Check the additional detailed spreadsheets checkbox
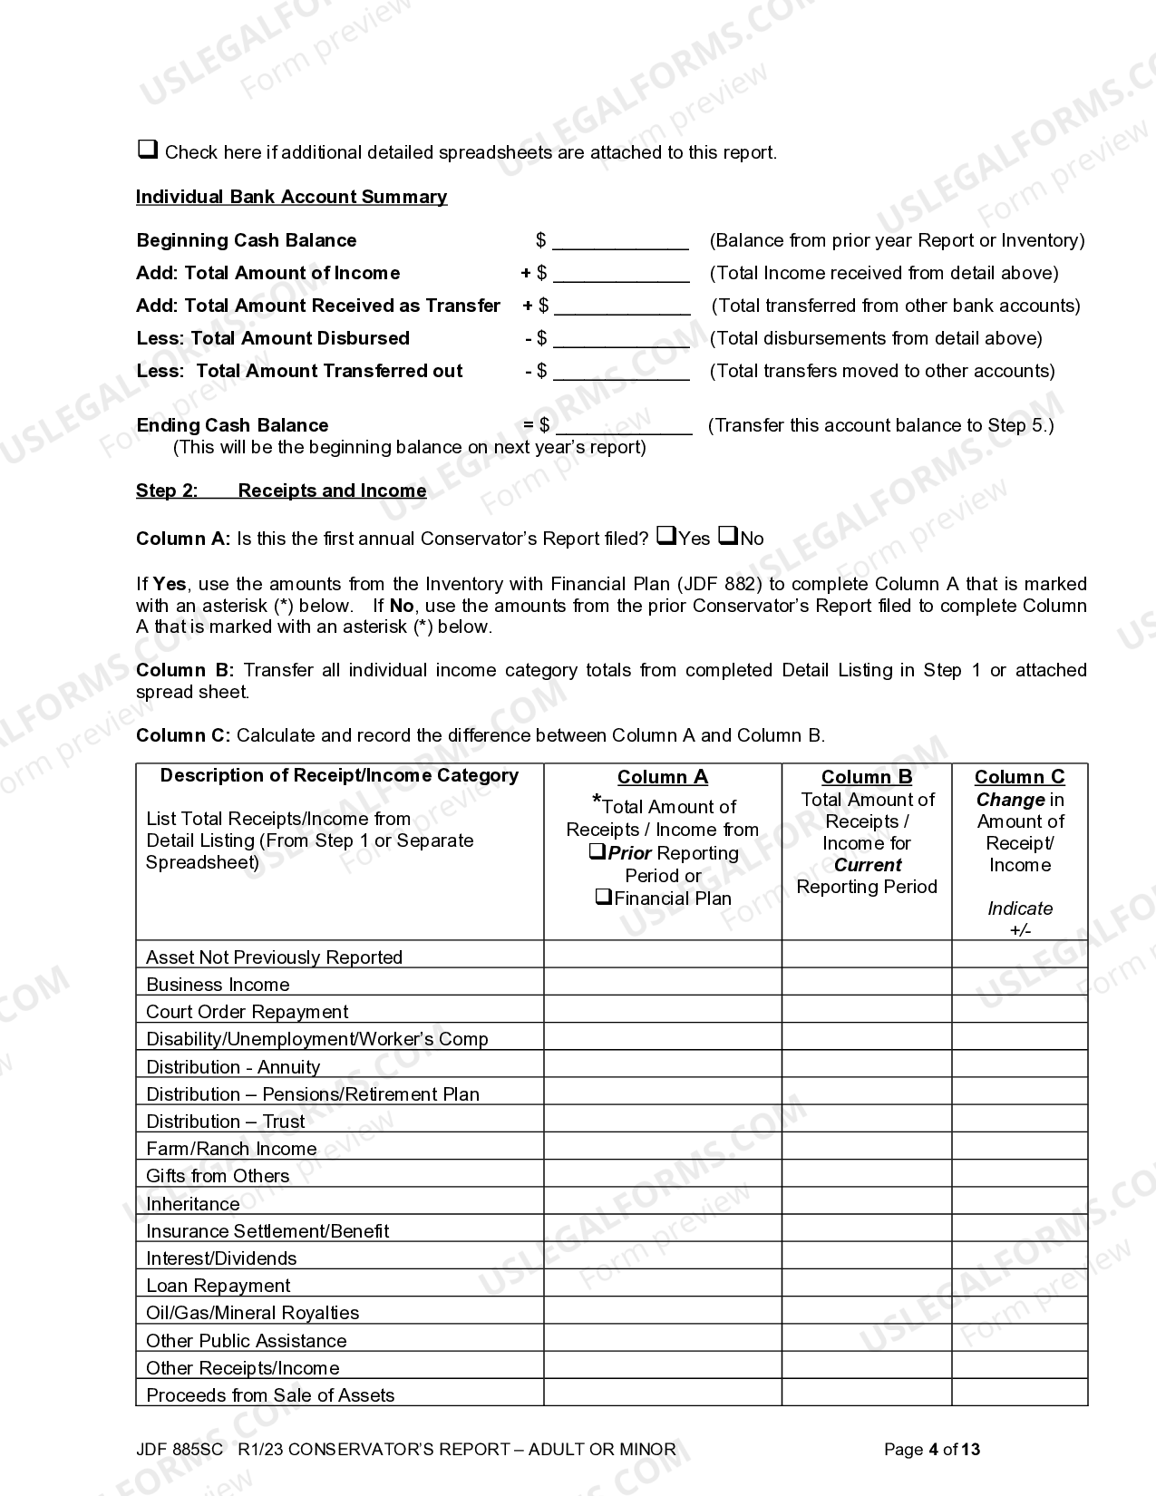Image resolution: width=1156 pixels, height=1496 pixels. (147, 150)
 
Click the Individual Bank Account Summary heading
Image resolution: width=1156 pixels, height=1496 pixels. (291, 197)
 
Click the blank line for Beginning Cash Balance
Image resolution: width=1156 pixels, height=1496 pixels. (620, 241)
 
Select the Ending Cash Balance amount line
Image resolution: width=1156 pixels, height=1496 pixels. (624, 426)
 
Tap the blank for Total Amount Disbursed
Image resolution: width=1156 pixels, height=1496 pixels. (621, 339)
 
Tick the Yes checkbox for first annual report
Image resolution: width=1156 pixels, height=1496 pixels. (665, 536)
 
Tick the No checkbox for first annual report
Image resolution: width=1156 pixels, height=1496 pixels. (728, 536)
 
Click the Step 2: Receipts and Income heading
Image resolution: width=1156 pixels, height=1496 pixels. (281, 491)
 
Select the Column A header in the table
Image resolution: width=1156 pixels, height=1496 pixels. (662, 777)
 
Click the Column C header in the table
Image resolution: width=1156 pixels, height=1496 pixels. (1019, 777)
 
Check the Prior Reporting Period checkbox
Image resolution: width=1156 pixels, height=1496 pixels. (597, 852)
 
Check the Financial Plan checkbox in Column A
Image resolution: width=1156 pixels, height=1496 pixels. (603, 898)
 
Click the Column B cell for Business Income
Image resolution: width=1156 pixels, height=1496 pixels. (866, 982)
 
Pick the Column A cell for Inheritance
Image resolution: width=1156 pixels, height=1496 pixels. (662, 1201)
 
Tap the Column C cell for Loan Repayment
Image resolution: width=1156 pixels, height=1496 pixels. (1019, 1283)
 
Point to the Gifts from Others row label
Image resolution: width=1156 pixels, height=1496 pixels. (218, 1176)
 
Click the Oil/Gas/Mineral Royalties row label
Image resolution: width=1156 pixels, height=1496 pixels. (252, 1313)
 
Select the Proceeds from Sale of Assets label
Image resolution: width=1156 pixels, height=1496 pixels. (270, 1395)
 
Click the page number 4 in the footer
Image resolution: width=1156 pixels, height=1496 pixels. (933, 1450)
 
